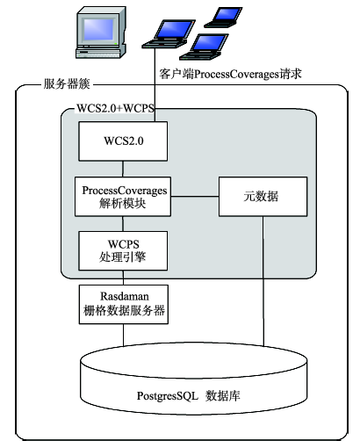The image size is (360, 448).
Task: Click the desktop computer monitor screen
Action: click(98, 30)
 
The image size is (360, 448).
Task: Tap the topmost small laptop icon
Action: click(224, 17)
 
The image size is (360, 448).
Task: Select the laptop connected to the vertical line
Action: click(169, 33)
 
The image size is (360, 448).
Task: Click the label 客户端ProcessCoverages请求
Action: click(230, 74)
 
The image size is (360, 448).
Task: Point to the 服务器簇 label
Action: click(67, 84)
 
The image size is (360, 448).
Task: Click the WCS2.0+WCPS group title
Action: click(115, 108)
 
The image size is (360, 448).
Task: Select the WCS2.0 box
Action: click(123, 141)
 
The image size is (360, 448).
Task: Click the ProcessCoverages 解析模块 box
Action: click(123, 197)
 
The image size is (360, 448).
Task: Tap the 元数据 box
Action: click(263, 197)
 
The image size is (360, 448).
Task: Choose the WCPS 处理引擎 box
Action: click(123, 250)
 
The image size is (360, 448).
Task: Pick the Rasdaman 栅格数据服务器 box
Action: click(124, 304)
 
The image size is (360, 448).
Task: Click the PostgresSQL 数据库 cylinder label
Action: click(189, 396)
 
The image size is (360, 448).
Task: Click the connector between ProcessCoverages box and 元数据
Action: click(195, 197)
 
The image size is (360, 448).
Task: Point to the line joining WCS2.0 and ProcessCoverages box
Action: click(123, 169)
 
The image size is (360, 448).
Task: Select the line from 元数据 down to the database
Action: click(263, 281)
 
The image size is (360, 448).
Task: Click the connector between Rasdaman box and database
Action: click(123, 335)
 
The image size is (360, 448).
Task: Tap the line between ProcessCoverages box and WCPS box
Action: click(123, 224)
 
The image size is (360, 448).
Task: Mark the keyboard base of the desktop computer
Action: click(98, 53)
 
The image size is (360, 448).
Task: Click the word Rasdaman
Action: click(125, 296)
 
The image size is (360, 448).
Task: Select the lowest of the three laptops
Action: click(205, 47)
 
